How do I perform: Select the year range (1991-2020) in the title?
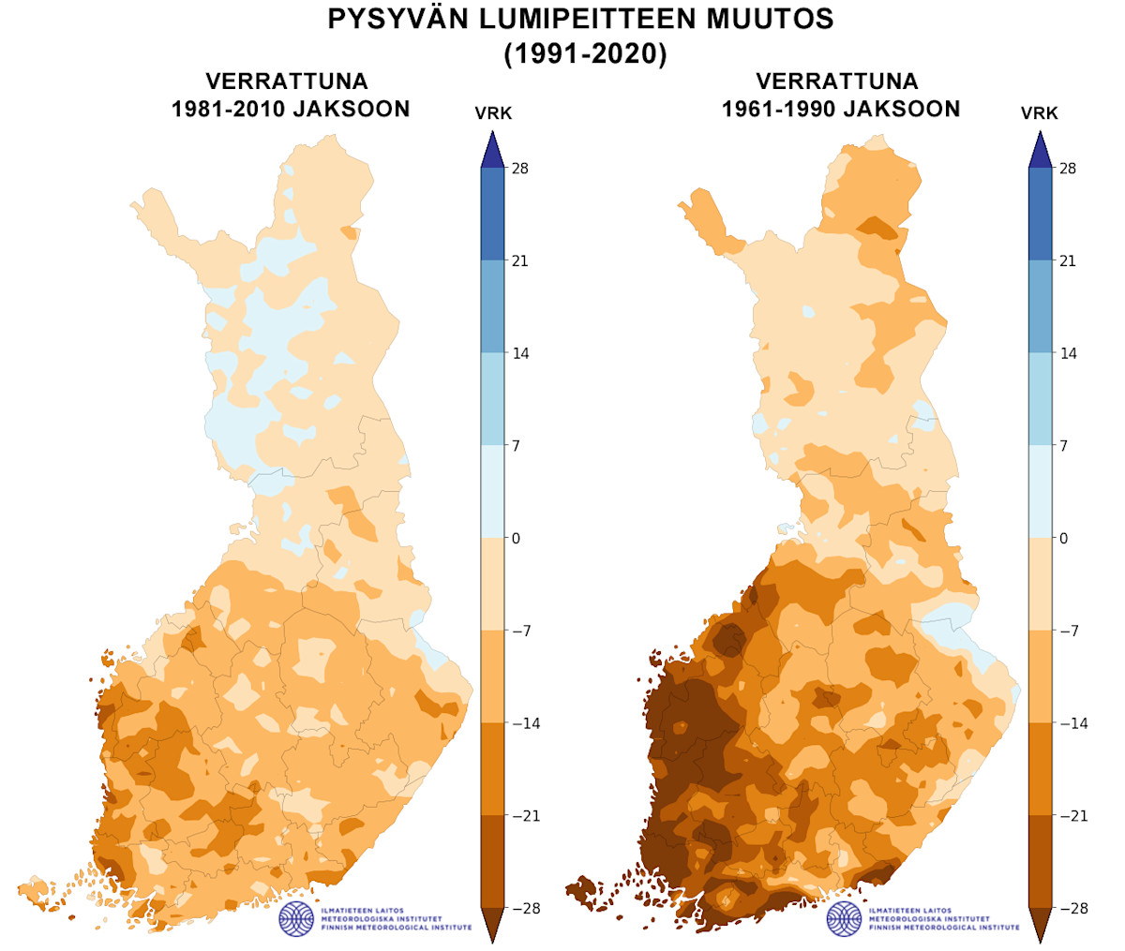click(x=585, y=54)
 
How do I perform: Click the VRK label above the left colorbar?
click(x=493, y=113)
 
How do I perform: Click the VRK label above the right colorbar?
click(x=1040, y=113)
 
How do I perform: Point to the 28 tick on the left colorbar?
click(x=519, y=169)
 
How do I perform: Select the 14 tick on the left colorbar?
click(x=519, y=353)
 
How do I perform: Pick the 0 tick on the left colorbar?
click(x=516, y=539)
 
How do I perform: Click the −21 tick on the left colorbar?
click(x=525, y=816)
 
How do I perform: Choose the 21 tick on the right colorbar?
click(x=1067, y=261)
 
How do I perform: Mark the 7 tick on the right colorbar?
click(x=1063, y=446)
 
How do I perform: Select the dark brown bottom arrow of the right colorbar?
click(x=1040, y=924)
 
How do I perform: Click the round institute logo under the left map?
click(x=296, y=918)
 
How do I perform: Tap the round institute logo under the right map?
click(x=844, y=918)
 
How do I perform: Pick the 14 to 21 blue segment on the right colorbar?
click(x=1040, y=306)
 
